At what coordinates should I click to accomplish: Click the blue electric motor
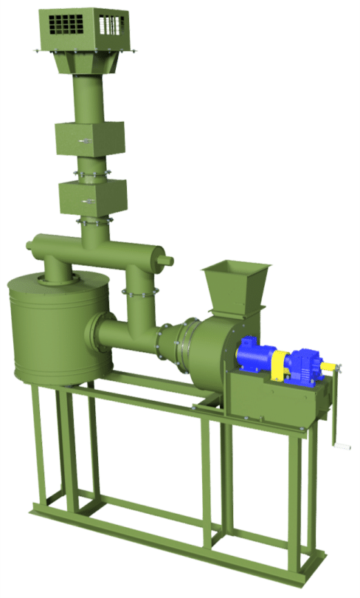point(255,357)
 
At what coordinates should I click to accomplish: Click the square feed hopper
point(235,283)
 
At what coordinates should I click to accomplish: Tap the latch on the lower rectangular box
point(88,201)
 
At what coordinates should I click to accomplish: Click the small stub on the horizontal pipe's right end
point(169,259)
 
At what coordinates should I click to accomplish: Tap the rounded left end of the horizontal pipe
point(30,247)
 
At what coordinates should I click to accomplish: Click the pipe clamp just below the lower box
point(94,219)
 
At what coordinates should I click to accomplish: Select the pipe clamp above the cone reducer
point(140,293)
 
